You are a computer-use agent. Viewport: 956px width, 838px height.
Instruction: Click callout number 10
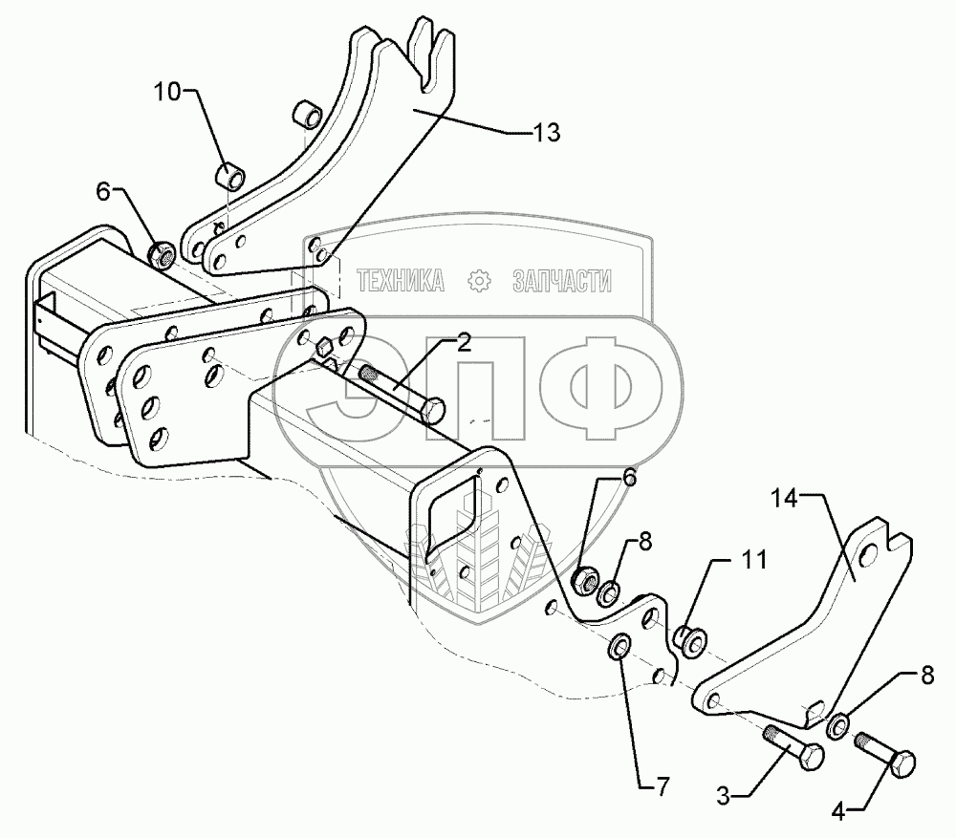tap(168, 94)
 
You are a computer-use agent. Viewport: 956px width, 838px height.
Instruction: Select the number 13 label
tap(546, 134)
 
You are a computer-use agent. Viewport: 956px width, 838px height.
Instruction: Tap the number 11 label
tap(755, 561)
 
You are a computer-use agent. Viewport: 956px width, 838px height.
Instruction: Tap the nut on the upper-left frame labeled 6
tap(161, 255)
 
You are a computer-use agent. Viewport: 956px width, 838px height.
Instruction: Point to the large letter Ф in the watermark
tap(599, 388)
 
